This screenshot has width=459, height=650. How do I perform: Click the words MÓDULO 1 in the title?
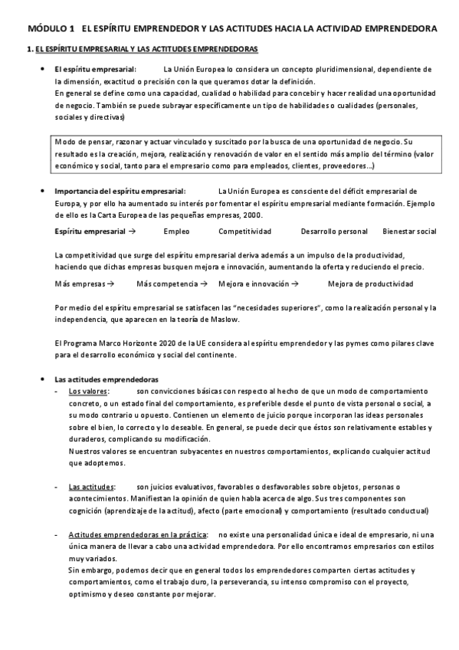[x=47, y=28]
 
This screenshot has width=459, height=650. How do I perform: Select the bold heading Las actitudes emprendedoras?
[x=107, y=379]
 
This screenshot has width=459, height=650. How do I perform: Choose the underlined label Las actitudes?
[x=90, y=487]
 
